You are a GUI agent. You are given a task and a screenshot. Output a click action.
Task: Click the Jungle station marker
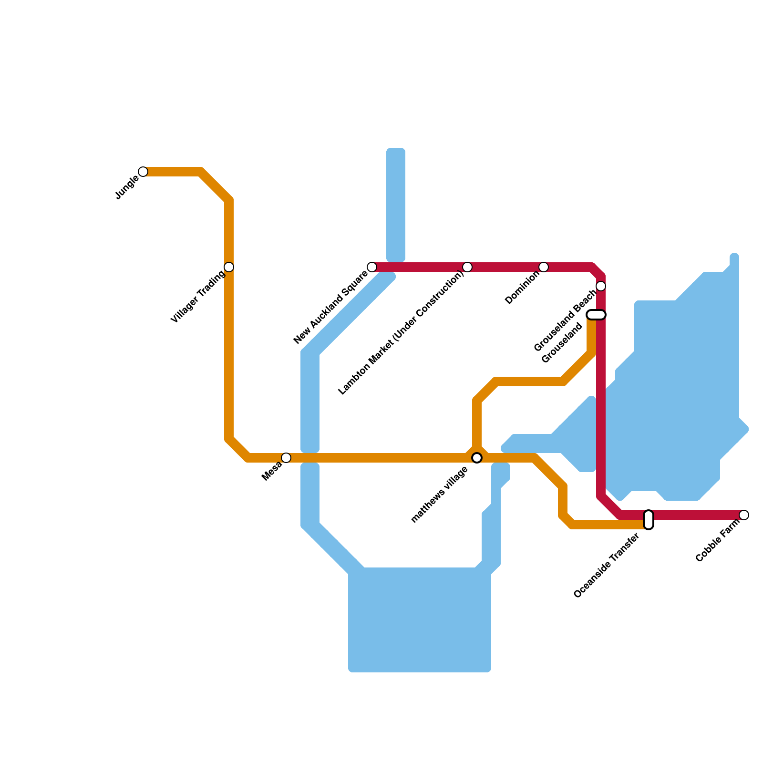(x=143, y=172)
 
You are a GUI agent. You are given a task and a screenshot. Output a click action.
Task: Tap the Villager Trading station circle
(x=229, y=267)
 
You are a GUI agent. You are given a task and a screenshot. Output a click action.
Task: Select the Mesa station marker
(x=286, y=458)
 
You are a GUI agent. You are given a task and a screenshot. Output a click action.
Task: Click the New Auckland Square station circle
(x=372, y=267)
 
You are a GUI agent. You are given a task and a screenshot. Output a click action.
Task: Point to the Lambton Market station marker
(x=467, y=267)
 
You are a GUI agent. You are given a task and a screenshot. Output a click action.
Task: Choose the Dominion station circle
(x=544, y=267)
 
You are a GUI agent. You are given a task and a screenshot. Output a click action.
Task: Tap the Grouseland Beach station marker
(x=601, y=286)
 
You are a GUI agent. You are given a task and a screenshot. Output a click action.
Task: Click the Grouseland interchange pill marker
(x=596, y=315)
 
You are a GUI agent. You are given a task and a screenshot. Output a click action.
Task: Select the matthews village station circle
(x=477, y=458)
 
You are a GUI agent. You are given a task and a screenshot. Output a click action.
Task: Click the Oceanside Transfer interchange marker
(x=649, y=520)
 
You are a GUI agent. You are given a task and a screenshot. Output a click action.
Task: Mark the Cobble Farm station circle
(x=744, y=515)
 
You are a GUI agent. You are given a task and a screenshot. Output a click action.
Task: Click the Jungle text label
(x=127, y=188)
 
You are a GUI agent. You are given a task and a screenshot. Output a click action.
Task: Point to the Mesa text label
(x=272, y=471)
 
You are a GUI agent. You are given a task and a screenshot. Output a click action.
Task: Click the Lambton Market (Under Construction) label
(x=401, y=333)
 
